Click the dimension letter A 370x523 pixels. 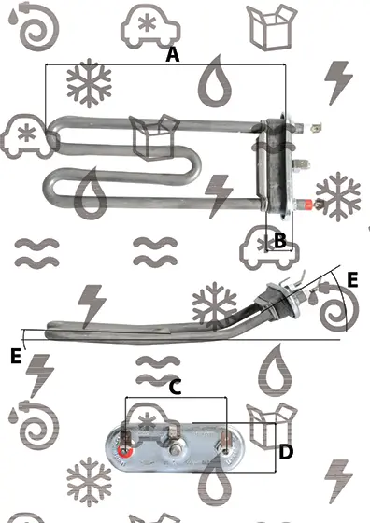tap(173, 55)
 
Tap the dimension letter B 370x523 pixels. tap(280, 240)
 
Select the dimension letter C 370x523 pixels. tap(175, 388)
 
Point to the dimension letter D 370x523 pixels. tap(286, 452)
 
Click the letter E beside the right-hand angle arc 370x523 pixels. tap(352, 279)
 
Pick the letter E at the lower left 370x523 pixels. tap(16, 356)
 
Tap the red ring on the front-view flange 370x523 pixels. tap(125, 451)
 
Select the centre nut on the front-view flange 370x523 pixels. tap(175, 450)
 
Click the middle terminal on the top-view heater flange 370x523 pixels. tap(301, 164)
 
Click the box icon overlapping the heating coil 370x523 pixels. tap(154, 136)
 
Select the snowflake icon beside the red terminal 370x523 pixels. tap(338, 196)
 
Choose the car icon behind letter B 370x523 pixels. tap(269, 247)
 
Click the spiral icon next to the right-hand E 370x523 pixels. tap(338, 307)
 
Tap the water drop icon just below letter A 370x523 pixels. tap(215, 82)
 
